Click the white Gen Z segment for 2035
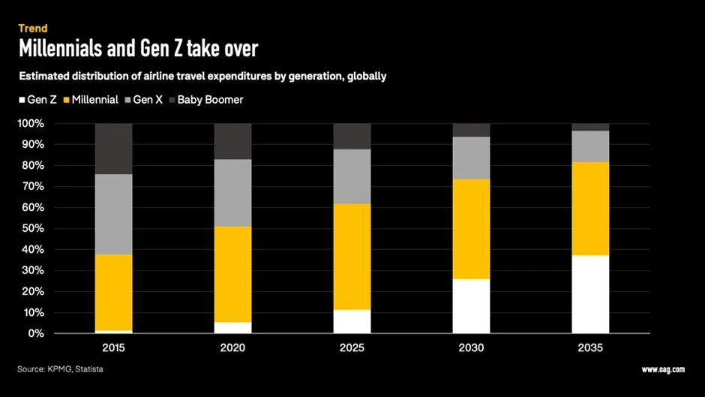pyautogui.click(x=590, y=294)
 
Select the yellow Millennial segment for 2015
pyautogui.click(x=113, y=293)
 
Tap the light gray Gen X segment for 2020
pyautogui.click(x=232, y=193)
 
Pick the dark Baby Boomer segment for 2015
pyautogui.click(x=113, y=149)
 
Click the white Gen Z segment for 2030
pyautogui.click(x=471, y=305)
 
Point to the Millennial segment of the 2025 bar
pyautogui.click(x=352, y=257)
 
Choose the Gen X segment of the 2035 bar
pyautogui.click(x=590, y=146)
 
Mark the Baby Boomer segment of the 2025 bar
pyautogui.click(x=352, y=136)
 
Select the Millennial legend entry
pyautogui.click(x=94, y=99)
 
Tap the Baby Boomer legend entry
pyautogui.click(x=210, y=99)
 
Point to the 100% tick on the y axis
pyautogui.click(x=31, y=123)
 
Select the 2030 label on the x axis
pyautogui.click(x=471, y=348)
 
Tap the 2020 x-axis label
pyautogui.click(x=232, y=348)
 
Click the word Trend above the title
pyautogui.click(x=33, y=29)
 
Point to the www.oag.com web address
pyautogui.click(x=663, y=369)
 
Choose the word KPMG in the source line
pyautogui.click(x=66, y=369)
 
